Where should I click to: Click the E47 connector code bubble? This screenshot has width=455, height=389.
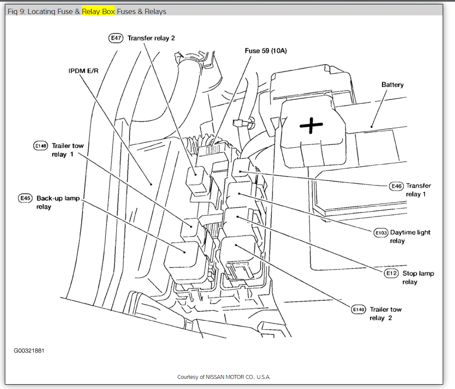coord(116,38)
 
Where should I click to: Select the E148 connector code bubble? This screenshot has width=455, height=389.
coord(40,146)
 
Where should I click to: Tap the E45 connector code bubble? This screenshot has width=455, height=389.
coord(25,198)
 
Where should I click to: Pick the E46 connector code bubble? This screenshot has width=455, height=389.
coord(397,186)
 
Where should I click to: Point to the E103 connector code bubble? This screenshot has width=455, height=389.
coord(380,232)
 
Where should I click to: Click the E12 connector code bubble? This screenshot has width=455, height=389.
coord(391,274)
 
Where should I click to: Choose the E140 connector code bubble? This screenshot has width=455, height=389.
coord(358,310)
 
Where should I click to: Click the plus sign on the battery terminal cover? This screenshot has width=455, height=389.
coord(311,126)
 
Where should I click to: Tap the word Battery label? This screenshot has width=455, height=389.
coord(392,85)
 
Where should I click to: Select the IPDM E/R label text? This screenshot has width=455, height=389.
coord(83,70)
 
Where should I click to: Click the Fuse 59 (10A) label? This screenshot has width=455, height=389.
coord(265,51)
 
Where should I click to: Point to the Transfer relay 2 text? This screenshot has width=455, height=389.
coord(151,38)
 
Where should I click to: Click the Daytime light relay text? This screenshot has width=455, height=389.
coord(410,236)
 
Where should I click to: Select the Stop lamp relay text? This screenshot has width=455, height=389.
coord(418,277)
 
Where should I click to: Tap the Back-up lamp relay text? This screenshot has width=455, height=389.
coord(57,202)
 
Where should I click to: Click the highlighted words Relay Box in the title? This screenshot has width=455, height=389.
coord(98,11)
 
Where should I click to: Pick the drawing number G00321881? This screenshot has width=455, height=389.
coord(29,351)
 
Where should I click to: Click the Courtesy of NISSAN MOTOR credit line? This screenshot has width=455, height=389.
coord(224,377)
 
